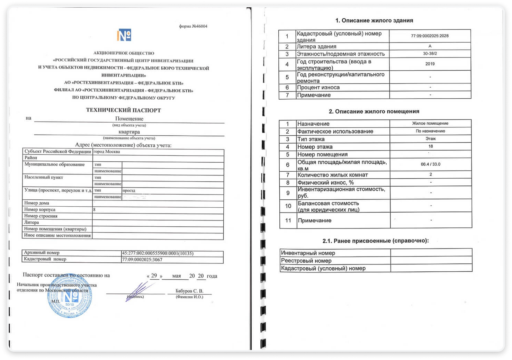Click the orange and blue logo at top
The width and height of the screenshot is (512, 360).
tap(124, 35)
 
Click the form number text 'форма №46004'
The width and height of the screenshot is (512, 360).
tap(193, 26)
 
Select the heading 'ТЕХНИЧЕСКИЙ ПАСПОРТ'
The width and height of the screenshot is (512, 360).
tap(123, 110)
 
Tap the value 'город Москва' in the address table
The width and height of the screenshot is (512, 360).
tap(107, 152)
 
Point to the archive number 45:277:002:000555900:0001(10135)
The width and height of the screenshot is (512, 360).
tap(158, 253)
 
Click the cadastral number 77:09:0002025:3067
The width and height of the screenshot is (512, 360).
tap(142, 260)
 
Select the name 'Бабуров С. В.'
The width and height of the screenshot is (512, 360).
tap(189, 291)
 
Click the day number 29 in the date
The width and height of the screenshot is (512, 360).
tap(154, 276)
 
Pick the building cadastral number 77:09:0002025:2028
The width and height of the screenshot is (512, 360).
tap(430, 36)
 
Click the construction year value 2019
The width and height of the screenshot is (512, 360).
tap(430, 64)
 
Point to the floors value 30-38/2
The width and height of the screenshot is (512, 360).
tap(430, 54)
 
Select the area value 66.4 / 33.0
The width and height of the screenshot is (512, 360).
tap(430, 164)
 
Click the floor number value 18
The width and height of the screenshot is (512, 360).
tap(430, 146)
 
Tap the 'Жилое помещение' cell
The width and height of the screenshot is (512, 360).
tap(430, 123)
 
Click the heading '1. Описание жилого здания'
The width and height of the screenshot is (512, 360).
tap(374, 20)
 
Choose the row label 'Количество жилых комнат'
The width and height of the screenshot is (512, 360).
tap(332, 175)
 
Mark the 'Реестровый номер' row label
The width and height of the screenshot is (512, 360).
tap(306, 261)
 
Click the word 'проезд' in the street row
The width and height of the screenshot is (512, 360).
tap(129, 190)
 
